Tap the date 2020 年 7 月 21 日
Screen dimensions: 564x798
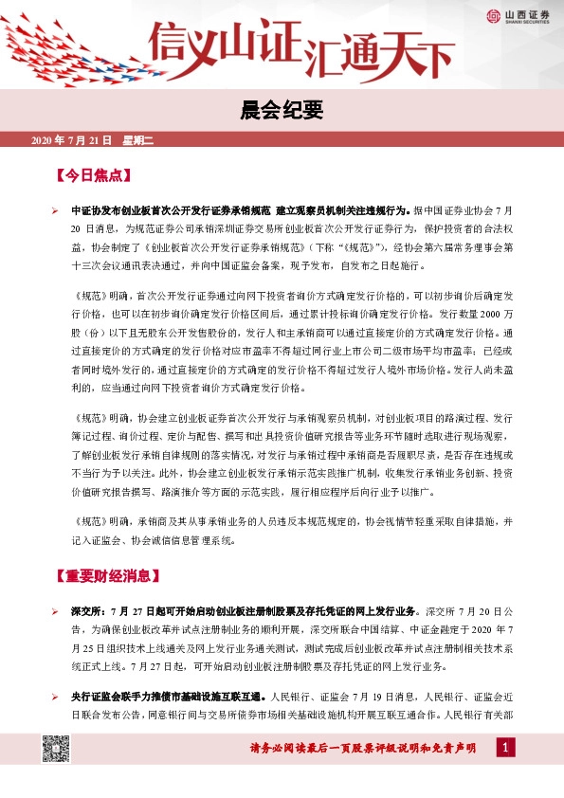[72, 140]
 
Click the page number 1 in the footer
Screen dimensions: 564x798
[505, 750]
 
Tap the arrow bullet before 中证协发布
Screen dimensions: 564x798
[56, 209]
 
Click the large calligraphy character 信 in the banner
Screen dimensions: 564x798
[171, 43]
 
